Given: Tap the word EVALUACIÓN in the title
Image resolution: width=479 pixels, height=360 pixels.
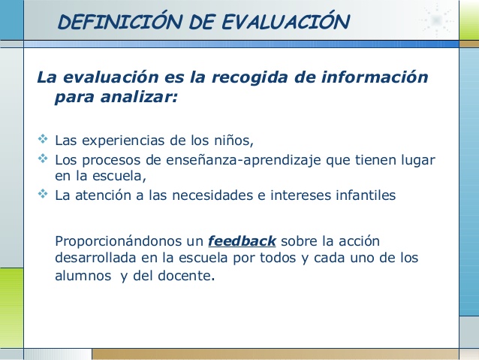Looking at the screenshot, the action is click(285, 21).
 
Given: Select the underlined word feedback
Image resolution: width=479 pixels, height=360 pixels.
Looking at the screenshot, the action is click(242, 241).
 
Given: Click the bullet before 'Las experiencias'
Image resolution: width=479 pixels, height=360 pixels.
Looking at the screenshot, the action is click(43, 139).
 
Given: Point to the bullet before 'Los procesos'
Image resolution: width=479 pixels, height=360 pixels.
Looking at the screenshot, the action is click(43, 158).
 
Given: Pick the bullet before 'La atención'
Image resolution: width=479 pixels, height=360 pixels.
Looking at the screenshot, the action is click(43, 194).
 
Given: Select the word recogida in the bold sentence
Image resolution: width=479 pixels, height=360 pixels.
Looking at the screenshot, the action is click(249, 77).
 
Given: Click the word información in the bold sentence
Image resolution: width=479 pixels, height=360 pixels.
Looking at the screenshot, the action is click(375, 77).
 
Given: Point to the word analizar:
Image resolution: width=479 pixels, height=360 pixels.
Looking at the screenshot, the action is click(139, 97).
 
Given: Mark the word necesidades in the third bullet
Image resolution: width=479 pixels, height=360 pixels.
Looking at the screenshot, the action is click(212, 195).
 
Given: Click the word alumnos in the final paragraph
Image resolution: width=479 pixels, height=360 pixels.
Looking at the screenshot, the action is click(83, 276).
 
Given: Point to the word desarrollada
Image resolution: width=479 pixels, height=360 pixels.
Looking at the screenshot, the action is click(95, 258).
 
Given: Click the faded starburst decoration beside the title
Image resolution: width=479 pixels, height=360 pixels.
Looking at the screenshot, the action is click(436, 20).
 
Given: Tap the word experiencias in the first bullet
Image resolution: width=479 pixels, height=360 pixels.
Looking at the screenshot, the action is click(123, 141).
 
